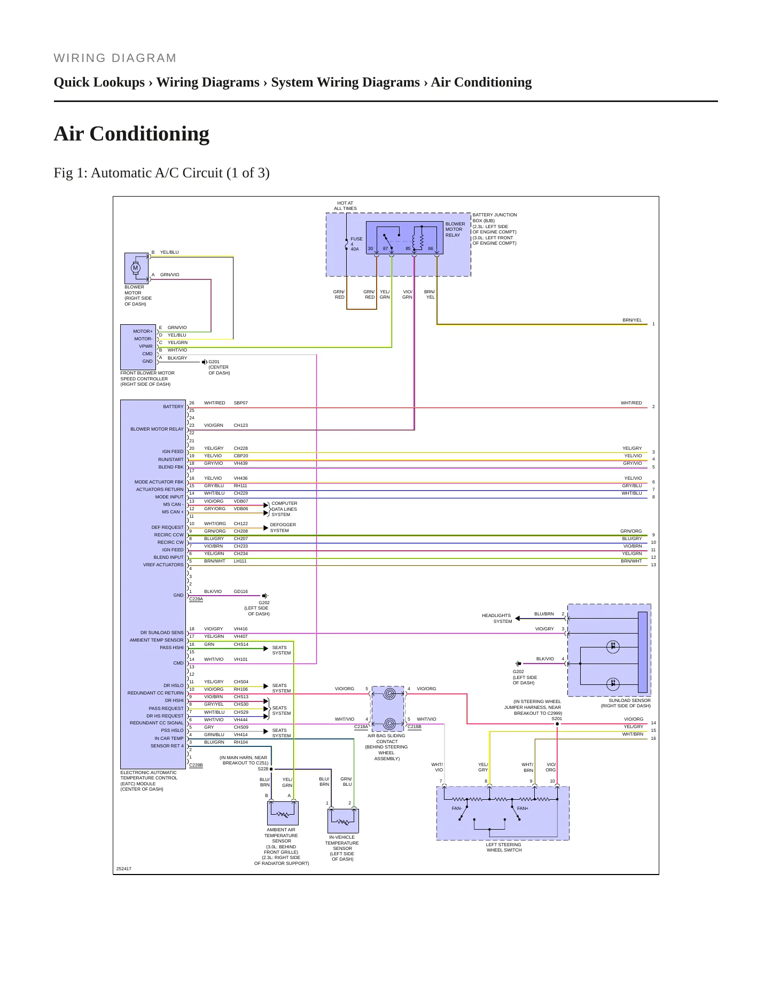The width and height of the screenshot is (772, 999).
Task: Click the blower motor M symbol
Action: coord(136,268)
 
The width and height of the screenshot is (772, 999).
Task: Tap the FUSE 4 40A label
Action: coord(356,244)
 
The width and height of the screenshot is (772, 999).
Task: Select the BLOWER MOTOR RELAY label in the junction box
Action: coord(455,230)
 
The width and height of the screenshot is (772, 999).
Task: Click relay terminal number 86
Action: coord(431,248)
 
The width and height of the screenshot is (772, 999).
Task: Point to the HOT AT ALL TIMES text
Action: coord(345,206)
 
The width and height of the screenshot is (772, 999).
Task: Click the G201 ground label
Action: coord(214,362)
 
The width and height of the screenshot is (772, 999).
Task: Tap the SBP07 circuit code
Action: coord(241,403)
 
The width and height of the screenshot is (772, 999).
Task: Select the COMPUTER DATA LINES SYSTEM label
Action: coord(284,509)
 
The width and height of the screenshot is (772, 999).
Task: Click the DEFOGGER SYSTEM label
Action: coord(283,528)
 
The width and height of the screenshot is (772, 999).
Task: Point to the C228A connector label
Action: coord(196,599)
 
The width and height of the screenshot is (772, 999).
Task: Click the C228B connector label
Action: coord(196,766)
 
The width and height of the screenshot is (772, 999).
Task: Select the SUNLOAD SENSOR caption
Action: coord(626,703)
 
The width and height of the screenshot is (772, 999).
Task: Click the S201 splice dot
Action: coord(557,724)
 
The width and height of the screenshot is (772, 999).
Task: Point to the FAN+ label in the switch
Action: coord(523,808)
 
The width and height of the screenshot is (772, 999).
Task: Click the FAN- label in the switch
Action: coord(457,808)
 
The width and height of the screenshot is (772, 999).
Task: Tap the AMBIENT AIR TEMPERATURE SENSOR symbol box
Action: coord(283,813)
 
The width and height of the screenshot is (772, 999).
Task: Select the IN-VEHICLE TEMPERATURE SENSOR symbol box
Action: coord(343,821)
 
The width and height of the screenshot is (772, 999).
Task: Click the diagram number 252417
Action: coord(124,869)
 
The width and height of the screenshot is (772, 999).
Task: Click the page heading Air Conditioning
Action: coord(131,134)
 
